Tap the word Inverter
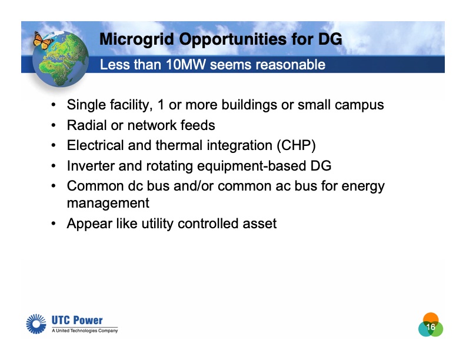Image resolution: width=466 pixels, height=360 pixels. tap(90, 166)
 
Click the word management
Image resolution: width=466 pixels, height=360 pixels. tap(108, 204)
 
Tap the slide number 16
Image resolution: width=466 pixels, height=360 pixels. tap(431, 327)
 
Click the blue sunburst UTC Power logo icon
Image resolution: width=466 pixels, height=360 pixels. tap(37, 324)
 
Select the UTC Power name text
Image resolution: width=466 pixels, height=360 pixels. tap(77, 321)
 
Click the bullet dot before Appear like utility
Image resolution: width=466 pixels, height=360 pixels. tap(54, 224)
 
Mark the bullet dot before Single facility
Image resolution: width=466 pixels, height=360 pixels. tap(54, 105)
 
